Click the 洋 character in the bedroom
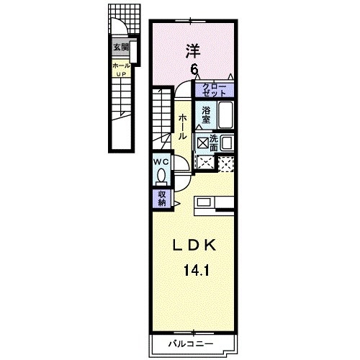[193, 50]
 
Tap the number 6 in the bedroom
[194, 69]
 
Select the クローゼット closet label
[218, 91]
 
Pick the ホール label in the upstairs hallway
[183, 126]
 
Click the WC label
[159, 162]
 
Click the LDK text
[192, 246]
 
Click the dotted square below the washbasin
[225, 163]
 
